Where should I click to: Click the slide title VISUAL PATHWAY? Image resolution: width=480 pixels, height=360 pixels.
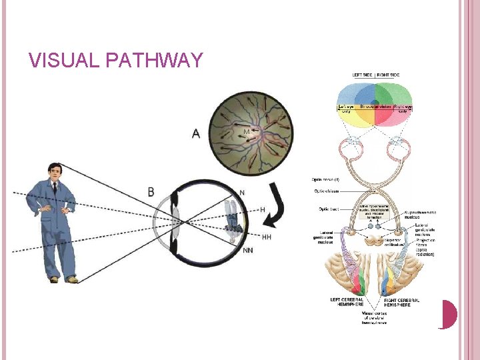point(115,61)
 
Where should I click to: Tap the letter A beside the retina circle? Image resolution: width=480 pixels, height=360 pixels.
point(195,134)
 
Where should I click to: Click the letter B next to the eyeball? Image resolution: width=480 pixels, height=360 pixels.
point(151,192)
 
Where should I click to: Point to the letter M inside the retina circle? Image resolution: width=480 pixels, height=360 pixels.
point(246,132)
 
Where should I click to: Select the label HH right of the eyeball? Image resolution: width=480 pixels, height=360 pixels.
point(266,237)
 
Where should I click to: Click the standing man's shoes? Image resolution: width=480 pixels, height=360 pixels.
point(63,279)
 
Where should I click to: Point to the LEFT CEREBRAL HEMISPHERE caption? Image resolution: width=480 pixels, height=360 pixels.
point(347,303)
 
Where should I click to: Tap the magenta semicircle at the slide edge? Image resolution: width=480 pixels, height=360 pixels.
point(449,314)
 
